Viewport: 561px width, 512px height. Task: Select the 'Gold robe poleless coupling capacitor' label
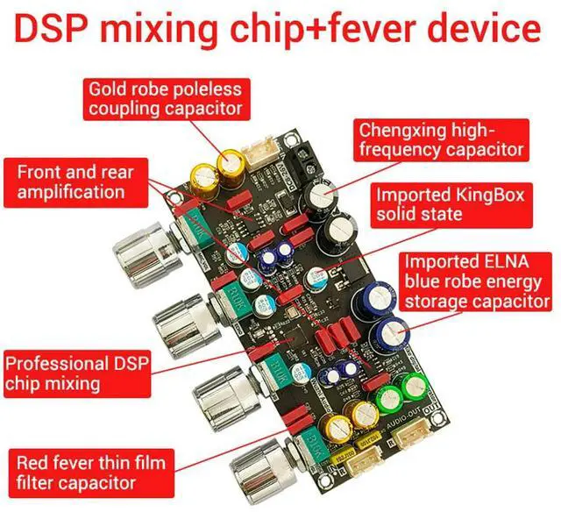164,100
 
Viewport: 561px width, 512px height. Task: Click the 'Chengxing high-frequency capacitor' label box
442,139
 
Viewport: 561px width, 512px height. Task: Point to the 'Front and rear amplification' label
70,181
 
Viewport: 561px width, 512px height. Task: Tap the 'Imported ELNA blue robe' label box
476,281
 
